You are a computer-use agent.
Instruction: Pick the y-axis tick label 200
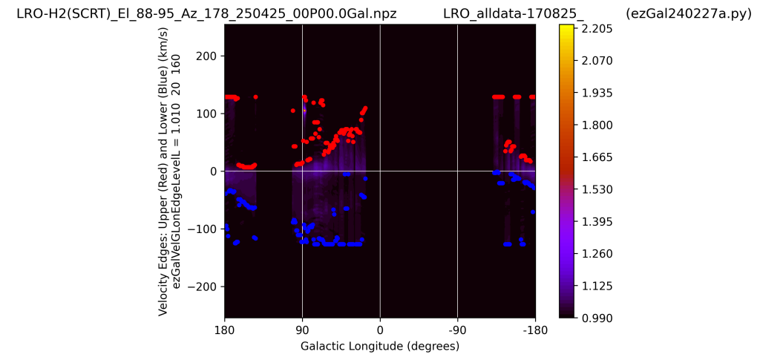[x=206, y=56]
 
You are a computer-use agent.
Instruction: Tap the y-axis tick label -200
[x=202, y=287]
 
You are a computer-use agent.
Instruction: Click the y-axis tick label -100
[x=202, y=229]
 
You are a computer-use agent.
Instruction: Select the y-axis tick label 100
[x=206, y=114]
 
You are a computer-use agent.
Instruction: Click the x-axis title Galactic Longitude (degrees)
[x=380, y=347]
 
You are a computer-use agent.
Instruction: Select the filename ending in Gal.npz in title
[x=206, y=14]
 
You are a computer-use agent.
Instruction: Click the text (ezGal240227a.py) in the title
[x=688, y=14]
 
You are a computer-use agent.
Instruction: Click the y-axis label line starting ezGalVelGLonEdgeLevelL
[x=177, y=171]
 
